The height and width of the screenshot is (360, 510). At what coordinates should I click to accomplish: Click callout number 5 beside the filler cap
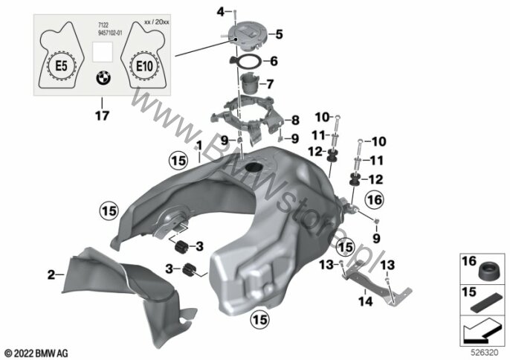(280, 33)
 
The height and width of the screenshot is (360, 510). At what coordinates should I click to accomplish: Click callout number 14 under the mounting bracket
(364, 302)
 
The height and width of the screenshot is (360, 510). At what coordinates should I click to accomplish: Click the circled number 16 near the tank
(373, 199)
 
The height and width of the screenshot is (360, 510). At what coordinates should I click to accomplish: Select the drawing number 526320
(484, 349)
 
